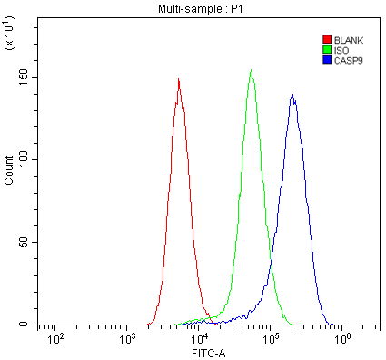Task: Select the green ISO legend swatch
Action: (327, 50)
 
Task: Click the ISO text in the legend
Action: (341, 50)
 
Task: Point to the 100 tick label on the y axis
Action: (25, 159)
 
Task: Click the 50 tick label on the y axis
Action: (28, 242)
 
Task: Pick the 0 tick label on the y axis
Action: (31, 325)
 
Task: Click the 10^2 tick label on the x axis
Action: (55, 338)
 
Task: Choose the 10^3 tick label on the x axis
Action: (127, 338)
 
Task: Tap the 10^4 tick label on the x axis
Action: (199, 338)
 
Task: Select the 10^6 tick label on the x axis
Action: (342, 338)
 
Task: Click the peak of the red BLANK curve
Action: (179, 79)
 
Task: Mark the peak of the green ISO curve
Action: (251, 70)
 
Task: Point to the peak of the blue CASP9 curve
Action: (292, 94)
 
